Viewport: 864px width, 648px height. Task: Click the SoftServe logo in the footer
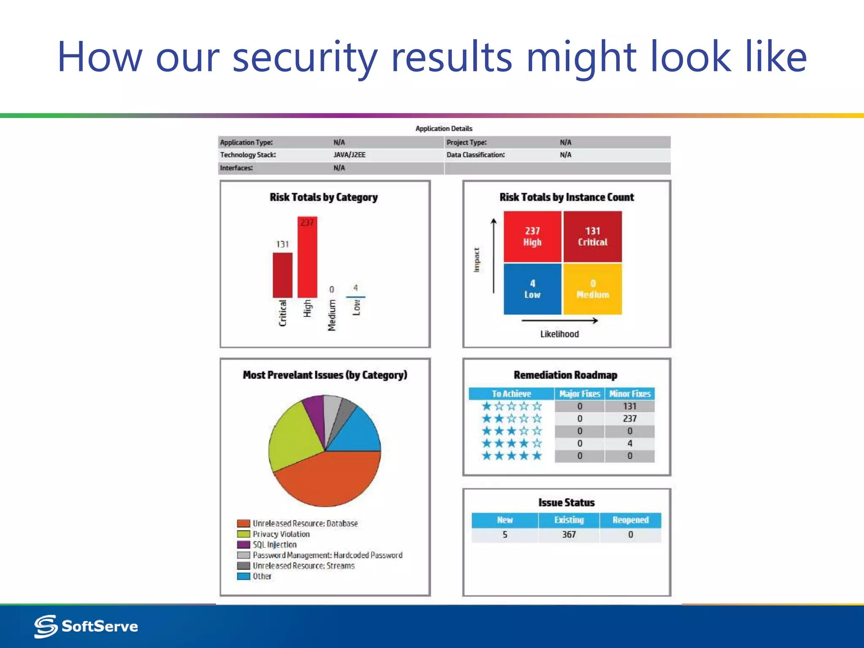pos(86,626)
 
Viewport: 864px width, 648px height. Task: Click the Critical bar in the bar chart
pos(282,275)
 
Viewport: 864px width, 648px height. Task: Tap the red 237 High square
pos(532,237)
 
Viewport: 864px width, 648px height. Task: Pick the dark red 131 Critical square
pos(592,237)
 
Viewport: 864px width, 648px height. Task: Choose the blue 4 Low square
pos(532,289)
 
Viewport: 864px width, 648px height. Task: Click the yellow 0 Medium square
pos(592,289)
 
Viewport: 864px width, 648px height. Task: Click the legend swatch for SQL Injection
pos(243,545)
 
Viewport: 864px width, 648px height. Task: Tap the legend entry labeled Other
pos(262,576)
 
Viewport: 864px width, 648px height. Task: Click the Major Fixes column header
pos(579,394)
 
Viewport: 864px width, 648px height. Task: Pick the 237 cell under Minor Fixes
pos(629,418)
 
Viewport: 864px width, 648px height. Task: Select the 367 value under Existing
pos(569,535)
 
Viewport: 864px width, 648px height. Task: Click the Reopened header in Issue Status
pos(630,520)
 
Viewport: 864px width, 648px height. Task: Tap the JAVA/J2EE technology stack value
pos(349,155)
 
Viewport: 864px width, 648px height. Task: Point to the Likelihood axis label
pos(559,334)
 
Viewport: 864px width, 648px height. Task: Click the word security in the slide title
pos(305,57)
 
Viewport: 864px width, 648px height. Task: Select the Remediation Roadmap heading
pos(565,375)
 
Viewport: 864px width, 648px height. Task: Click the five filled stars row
pos(511,456)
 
